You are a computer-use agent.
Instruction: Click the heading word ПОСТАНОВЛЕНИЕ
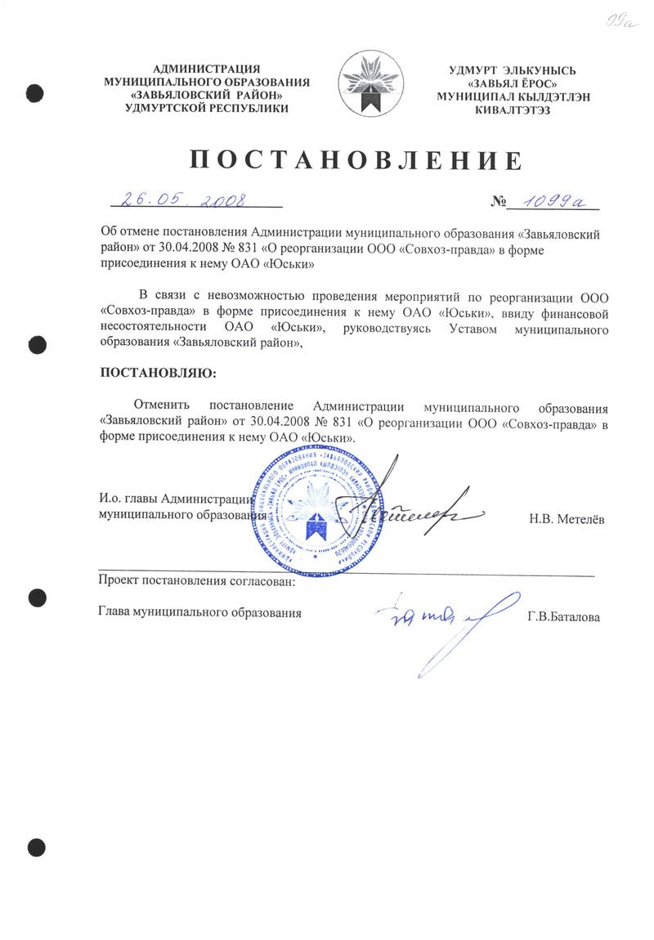point(356,159)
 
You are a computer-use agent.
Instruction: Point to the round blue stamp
point(313,513)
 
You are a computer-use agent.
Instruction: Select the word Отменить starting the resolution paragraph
point(162,406)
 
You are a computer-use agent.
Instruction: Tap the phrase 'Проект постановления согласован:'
point(196,582)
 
